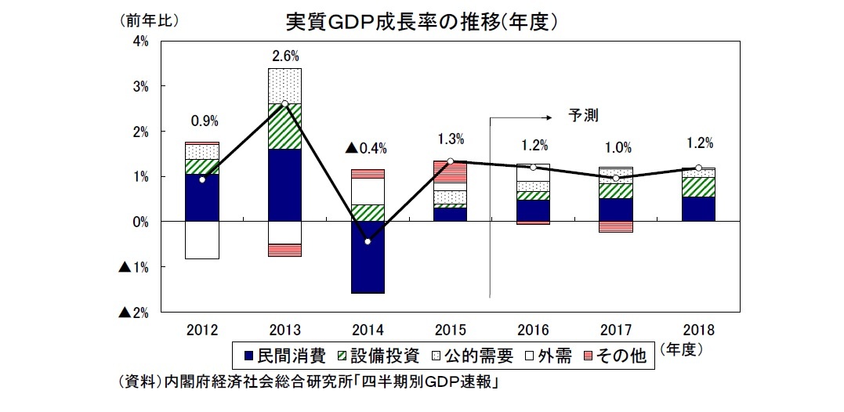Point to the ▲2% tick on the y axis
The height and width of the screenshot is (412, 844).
click(x=134, y=313)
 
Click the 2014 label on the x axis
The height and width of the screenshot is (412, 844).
click(x=368, y=329)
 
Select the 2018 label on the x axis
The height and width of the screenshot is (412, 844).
click(x=698, y=329)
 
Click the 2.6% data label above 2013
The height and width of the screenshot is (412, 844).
click(x=285, y=56)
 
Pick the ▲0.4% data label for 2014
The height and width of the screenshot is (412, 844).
click(x=367, y=148)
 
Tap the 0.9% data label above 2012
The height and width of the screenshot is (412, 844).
click(x=204, y=121)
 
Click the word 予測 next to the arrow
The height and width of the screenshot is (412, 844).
click(x=584, y=115)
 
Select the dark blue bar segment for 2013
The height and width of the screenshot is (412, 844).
click(x=284, y=185)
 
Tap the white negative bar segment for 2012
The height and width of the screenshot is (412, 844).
click(x=202, y=240)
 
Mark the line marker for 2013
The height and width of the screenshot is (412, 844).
click(x=284, y=104)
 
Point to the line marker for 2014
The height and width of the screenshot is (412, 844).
click(x=368, y=241)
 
